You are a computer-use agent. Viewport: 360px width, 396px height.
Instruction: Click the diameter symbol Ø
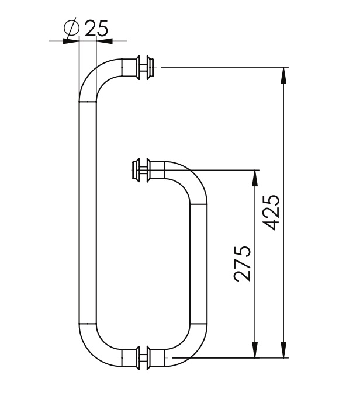pyautogui.click(x=71, y=28)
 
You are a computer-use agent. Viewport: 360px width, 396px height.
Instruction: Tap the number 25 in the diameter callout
pyautogui.click(x=96, y=27)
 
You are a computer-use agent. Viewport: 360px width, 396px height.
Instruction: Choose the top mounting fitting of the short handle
pyautogui.click(x=142, y=170)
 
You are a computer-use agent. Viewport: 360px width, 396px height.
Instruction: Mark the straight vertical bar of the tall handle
pyautogui.click(x=86, y=210)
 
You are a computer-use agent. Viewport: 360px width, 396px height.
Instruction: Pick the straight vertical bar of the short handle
pyautogui.click(x=199, y=263)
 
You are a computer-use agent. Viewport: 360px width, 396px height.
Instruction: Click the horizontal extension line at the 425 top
pyautogui.click(x=222, y=68)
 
